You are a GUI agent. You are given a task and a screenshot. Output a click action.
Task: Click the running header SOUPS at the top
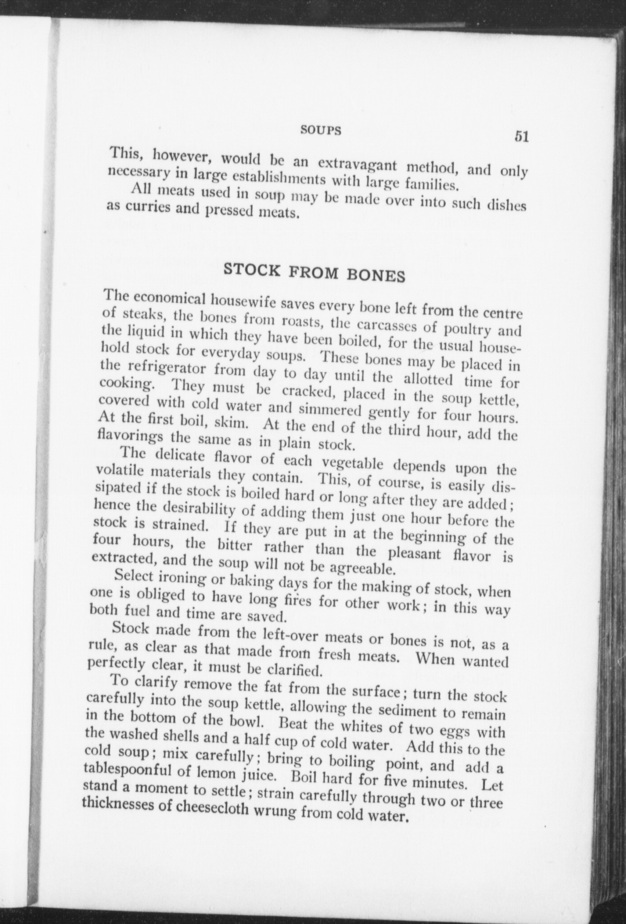321,130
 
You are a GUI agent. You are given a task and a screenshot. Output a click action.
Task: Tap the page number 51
521,136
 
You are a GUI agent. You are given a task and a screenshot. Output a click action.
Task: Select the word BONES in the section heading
376,275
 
